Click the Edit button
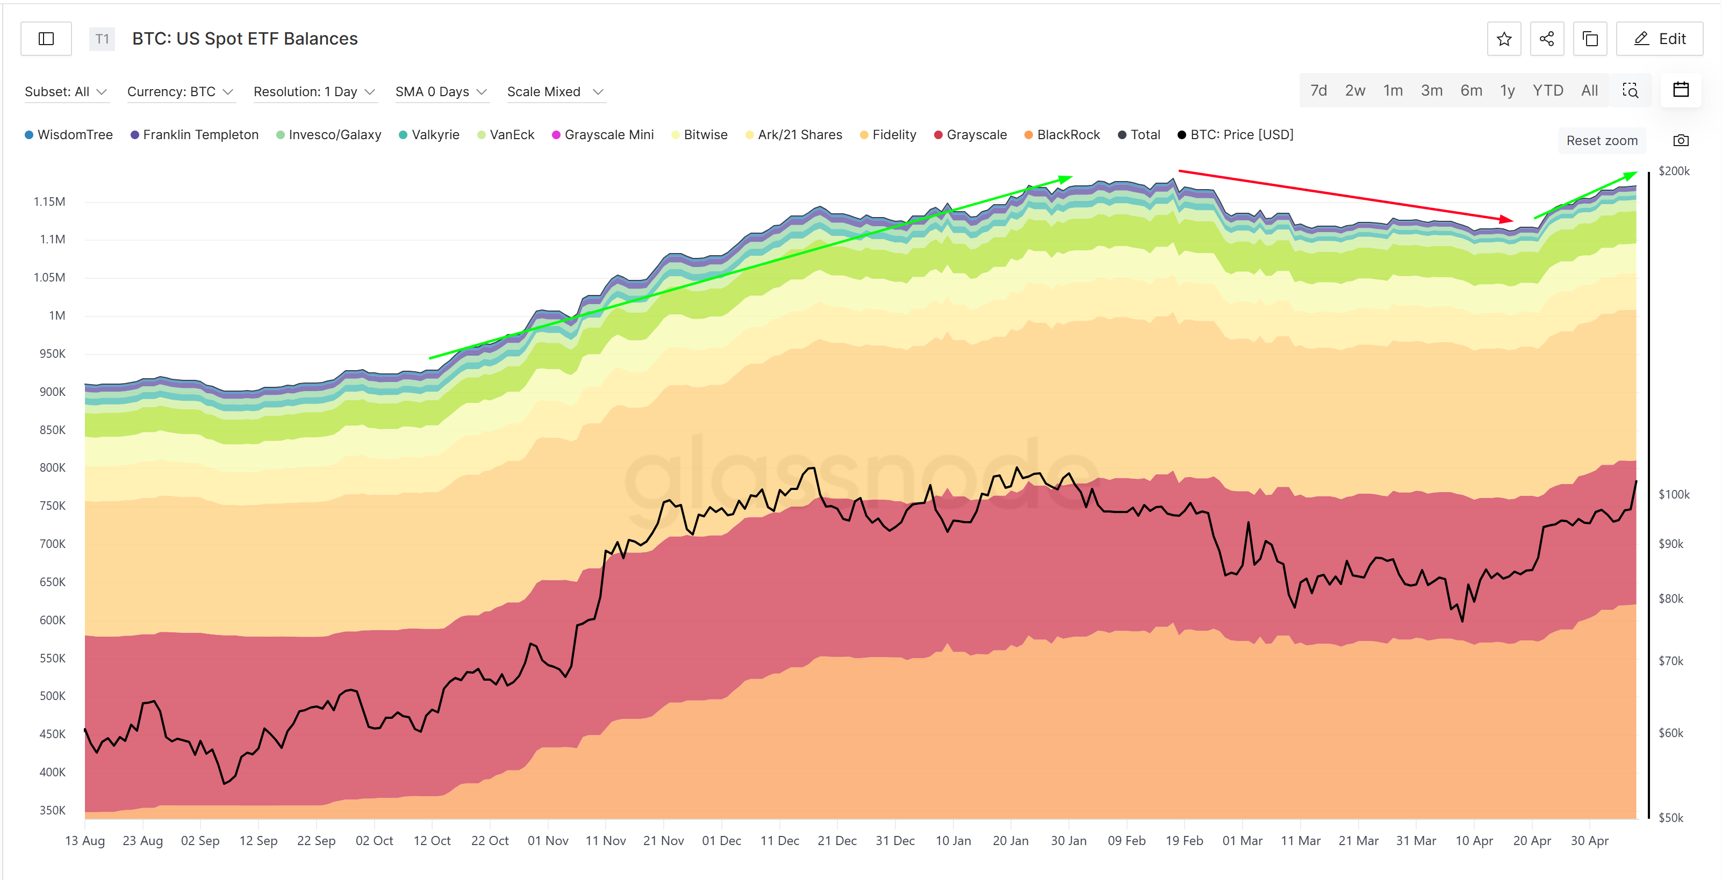1659,39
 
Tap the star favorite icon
1504,39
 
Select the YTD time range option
1547,91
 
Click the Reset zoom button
1602,140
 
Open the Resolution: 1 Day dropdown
314,91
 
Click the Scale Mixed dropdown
555,91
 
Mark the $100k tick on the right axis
1673,494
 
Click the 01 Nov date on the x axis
548,841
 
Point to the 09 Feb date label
1127,841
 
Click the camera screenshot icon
1681,140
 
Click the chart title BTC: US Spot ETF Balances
245,39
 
